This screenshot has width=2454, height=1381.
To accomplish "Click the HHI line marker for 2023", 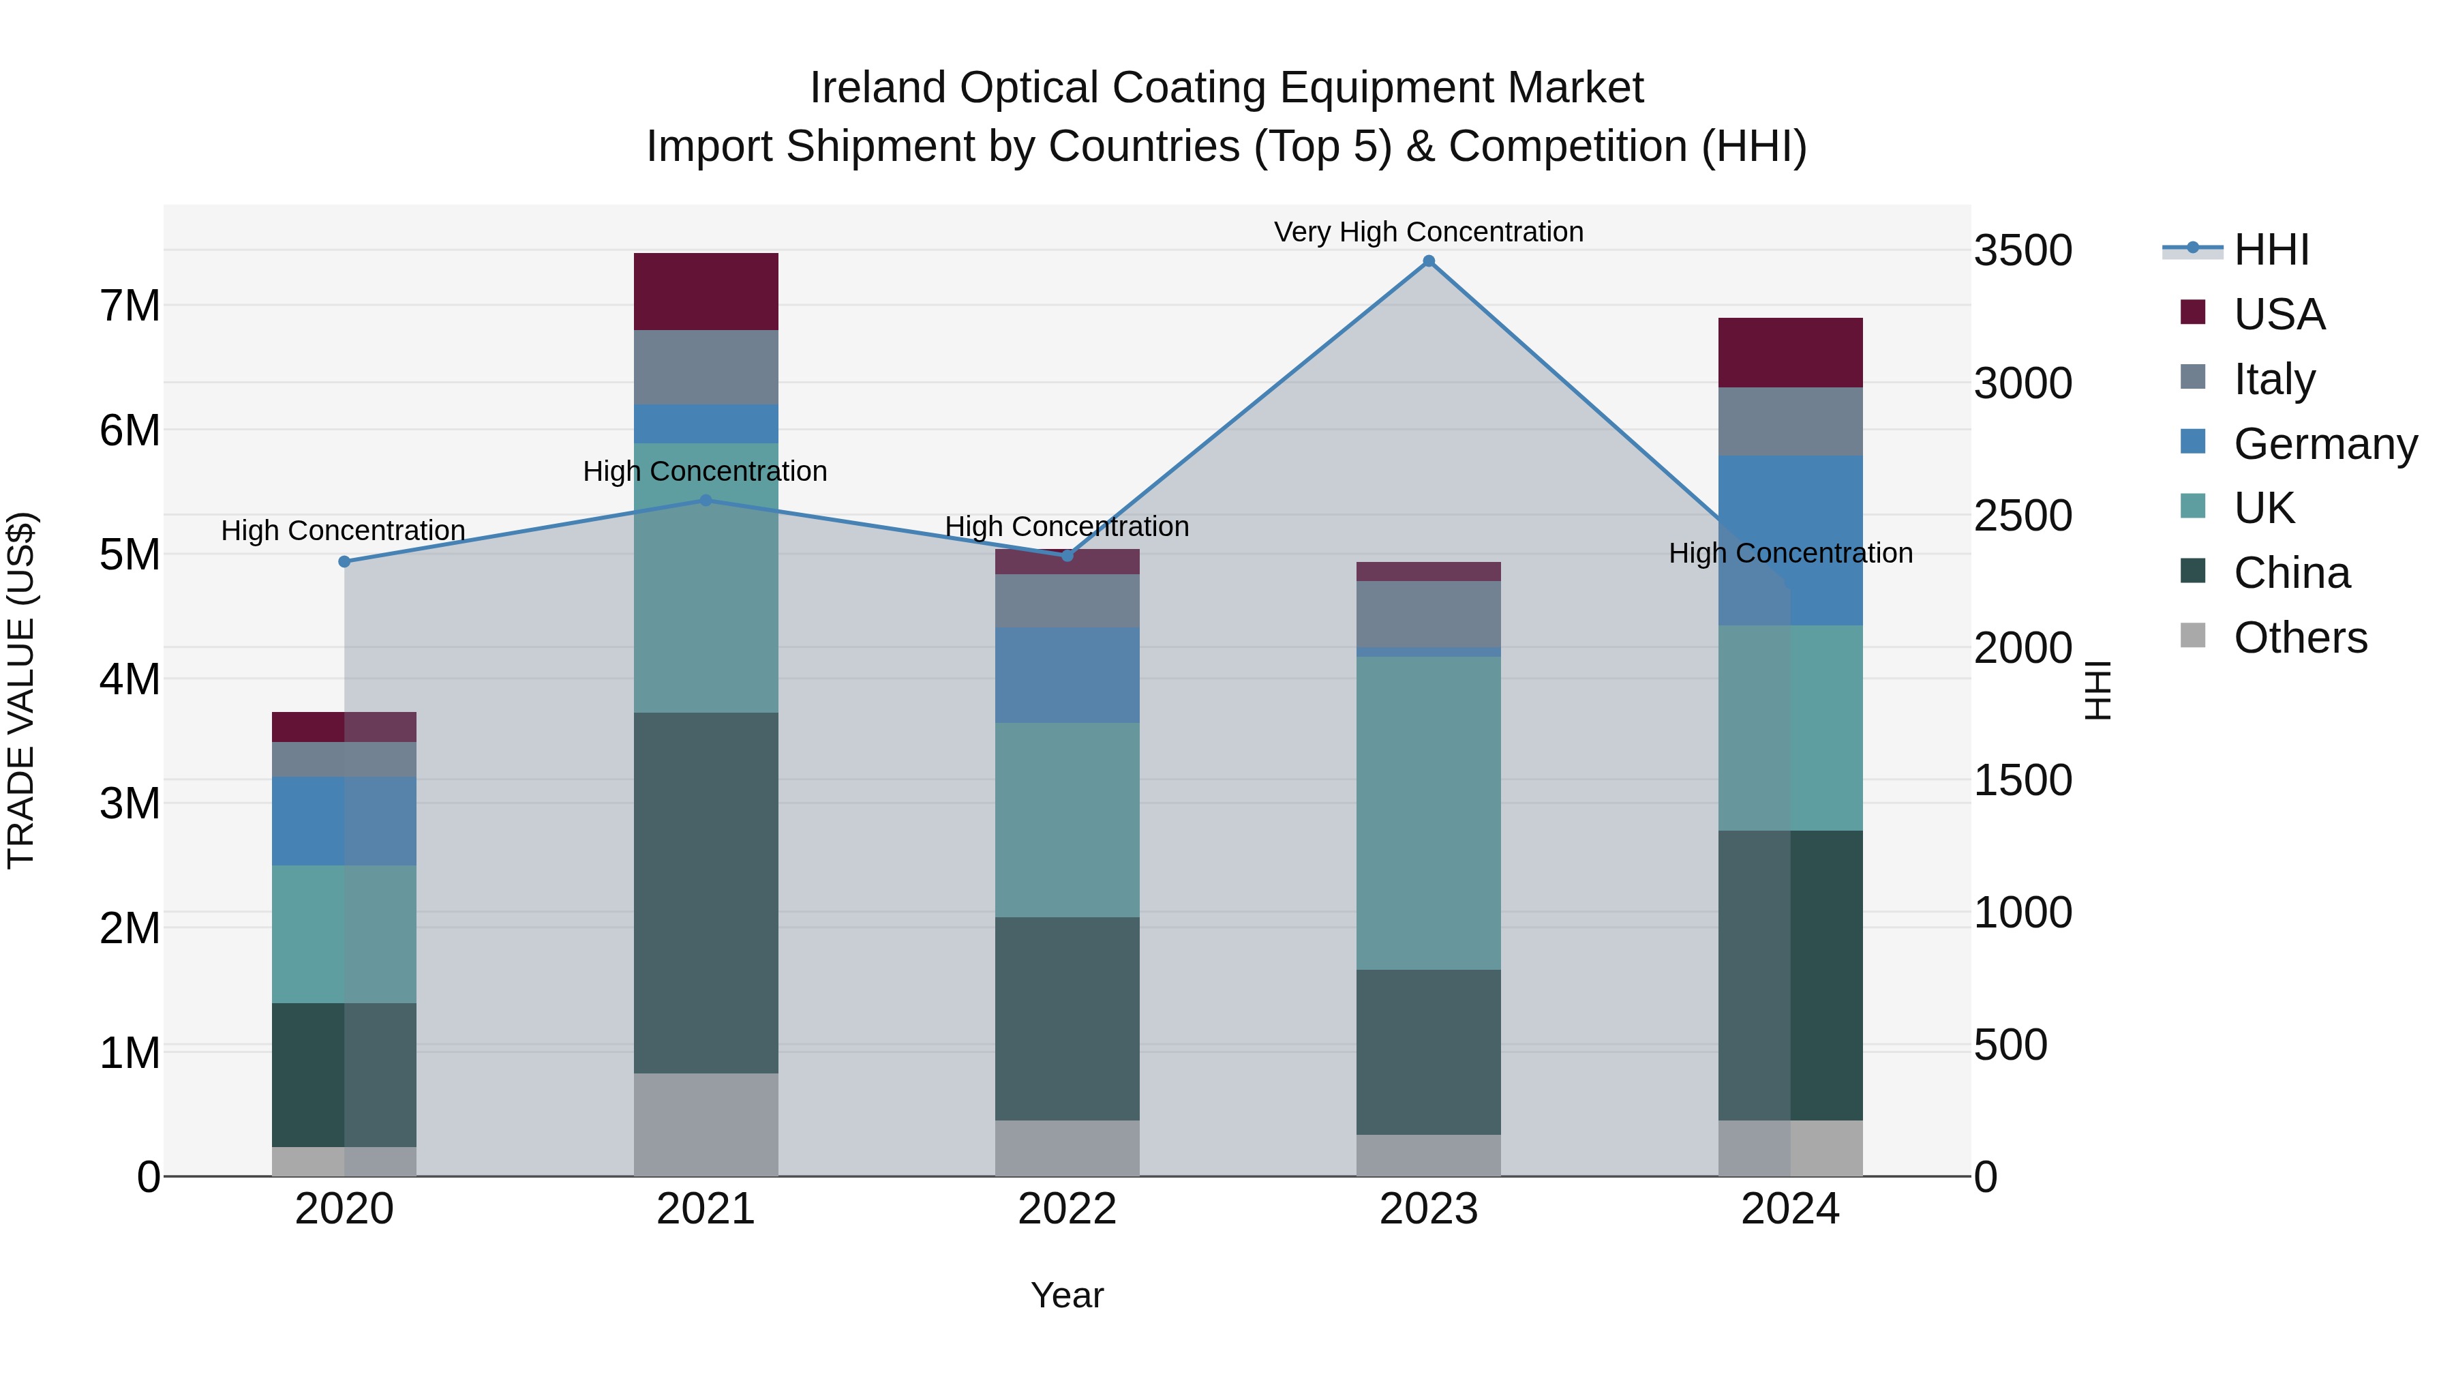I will point(1428,261).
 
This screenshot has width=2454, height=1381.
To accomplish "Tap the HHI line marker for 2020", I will point(344,561).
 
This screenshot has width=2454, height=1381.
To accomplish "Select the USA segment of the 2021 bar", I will point(706,292).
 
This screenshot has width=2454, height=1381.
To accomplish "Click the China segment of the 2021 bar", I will point(706,892).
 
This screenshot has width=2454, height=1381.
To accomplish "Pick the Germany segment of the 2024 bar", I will point(1790,539).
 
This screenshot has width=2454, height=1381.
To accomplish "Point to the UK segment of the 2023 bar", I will point(1428,812).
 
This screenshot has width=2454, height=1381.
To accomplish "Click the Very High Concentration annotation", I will point(1428,232).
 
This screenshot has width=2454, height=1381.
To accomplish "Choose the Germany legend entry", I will point(2324,444).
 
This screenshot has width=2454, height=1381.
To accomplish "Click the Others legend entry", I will point(2300,638).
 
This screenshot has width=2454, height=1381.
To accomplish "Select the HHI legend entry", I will point(2270,250).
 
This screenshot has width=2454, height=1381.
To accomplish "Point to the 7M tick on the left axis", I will point(130,306).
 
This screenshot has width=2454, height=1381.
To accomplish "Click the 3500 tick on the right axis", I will point(2023,251).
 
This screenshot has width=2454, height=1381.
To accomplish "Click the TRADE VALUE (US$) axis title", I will point(22,690).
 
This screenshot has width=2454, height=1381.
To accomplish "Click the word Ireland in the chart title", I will point(879,88).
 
